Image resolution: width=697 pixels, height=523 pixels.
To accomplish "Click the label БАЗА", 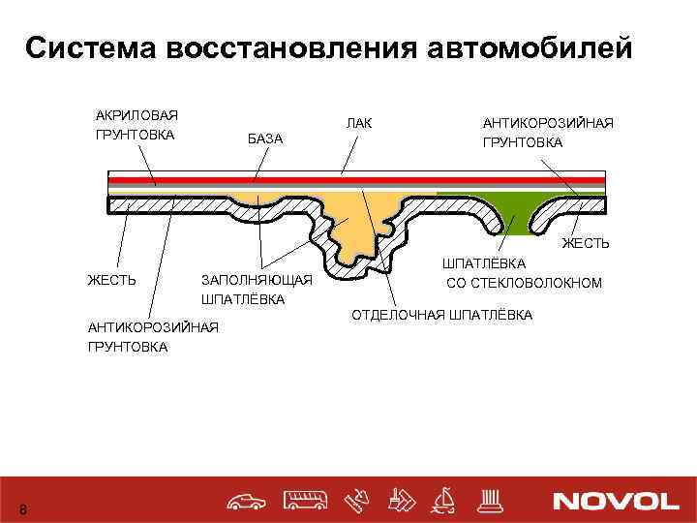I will pos(265,139).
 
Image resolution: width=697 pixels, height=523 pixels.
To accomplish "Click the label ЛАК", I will pos(359,122).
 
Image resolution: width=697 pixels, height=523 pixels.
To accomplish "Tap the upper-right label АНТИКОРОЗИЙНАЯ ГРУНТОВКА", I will pos(548,133).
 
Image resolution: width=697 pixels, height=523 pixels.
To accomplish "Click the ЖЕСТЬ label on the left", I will pos(111,280).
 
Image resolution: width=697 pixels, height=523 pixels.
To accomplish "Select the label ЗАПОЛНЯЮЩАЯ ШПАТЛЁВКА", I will pos(256,290).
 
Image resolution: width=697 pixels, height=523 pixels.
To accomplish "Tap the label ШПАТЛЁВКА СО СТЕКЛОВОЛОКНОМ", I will pos(524,273).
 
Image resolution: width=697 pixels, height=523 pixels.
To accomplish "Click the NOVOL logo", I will pos(616,501).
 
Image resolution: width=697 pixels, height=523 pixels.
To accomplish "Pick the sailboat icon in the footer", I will pos(444,500).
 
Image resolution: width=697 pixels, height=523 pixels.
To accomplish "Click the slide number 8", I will pos(24,510).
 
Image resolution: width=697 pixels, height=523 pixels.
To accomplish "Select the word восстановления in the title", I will pos(281,47).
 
